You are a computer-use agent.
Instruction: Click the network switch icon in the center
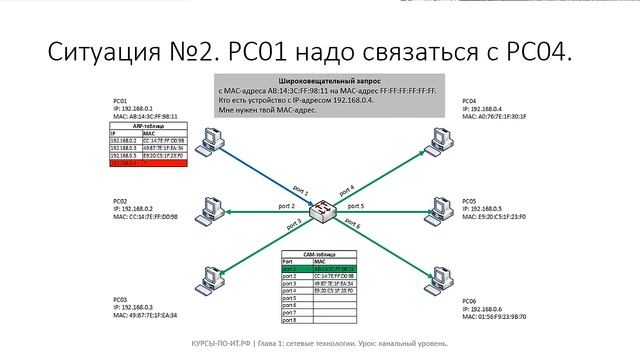[x=323, y=211]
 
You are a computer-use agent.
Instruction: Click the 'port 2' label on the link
[x=286, y=206]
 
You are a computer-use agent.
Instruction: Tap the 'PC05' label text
[x=471, y=201]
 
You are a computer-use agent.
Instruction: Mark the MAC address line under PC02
[x=145, y=216]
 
